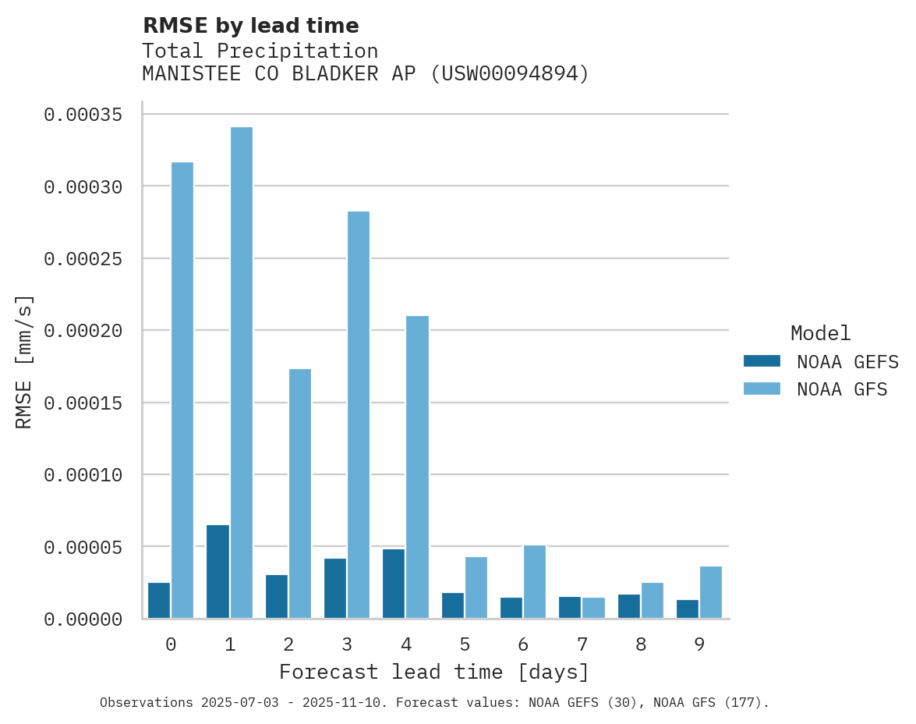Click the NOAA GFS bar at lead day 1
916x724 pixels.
tap(242, 373)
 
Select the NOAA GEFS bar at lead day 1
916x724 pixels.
tap(218, 572)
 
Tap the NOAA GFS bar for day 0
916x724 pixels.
tap(182, 390)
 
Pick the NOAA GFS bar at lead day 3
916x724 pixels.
tap(359, 415)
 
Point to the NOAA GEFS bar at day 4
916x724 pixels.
tap(394, 584)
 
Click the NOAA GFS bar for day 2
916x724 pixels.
tap(300, 494)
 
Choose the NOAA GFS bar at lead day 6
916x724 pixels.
tap(535, 582)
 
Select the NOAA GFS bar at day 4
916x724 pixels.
tap(418, 467)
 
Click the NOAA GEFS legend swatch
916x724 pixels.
tap(762, 361)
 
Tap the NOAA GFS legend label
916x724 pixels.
tap(842, 389)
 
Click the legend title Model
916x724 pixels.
tap(820, 334)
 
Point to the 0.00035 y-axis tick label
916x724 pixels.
tap(83, 115)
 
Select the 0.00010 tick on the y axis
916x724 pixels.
tap(83, 475)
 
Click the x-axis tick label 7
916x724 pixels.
tap(582, 645)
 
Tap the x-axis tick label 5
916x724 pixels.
tap(465, 645)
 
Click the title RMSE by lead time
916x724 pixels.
tap(250, 26)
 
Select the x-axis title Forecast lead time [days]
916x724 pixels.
tap(434, 673)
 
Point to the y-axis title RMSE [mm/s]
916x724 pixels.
tap(24, 362)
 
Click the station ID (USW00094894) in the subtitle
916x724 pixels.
tap(511, 74)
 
